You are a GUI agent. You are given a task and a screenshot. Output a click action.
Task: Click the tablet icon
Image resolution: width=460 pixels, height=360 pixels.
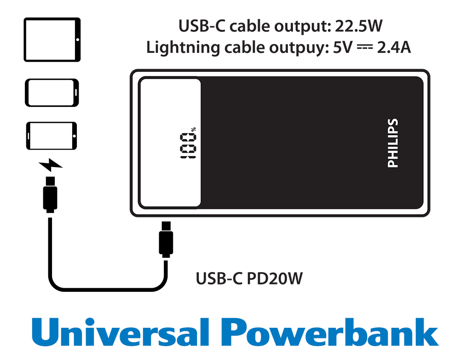52,40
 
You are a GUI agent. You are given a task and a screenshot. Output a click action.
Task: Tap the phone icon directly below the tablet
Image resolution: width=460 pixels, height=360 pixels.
52,93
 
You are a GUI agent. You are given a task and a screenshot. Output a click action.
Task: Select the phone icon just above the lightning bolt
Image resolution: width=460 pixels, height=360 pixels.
52,136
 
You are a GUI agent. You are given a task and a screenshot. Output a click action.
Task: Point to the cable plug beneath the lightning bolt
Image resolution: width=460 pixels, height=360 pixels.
50,194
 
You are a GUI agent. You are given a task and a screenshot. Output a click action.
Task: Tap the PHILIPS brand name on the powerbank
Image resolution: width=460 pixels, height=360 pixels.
392,143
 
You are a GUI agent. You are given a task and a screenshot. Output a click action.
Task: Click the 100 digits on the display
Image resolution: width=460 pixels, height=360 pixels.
187,145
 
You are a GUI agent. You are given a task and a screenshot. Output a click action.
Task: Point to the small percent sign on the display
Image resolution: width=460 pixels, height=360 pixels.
194,129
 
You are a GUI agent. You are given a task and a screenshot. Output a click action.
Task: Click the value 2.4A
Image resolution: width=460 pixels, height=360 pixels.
394,47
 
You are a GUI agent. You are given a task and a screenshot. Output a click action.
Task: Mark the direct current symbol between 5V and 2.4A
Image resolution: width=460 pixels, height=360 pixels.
365,47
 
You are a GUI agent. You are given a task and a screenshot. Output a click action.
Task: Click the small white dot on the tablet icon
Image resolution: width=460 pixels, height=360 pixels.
77,40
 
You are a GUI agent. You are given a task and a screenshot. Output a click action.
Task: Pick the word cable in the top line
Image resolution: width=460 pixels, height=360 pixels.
250,26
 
